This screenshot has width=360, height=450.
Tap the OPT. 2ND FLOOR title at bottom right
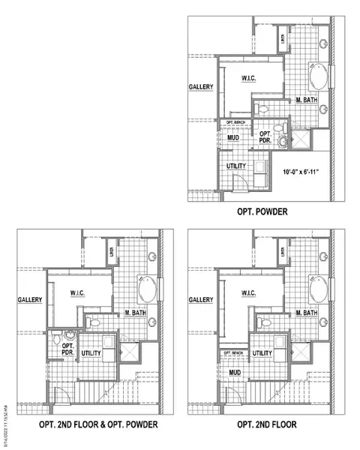click(x=267, y=425)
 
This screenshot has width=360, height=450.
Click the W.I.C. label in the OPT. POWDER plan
click(x=250, y=78)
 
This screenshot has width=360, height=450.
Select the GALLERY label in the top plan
click(x=201, y=87)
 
